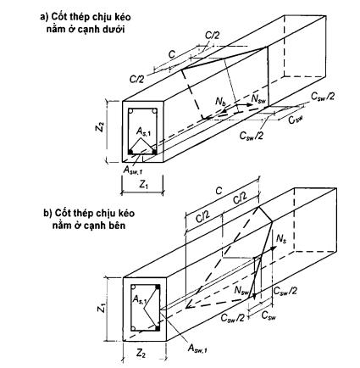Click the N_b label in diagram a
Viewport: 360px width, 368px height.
(x=220, y=102)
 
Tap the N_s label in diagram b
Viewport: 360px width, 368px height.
(x=280, y=239)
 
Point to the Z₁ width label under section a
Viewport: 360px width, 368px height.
(x=143, y=185)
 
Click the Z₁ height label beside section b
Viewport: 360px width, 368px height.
(x=102, y=309)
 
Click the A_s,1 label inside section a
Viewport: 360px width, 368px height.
(x=143, y=131)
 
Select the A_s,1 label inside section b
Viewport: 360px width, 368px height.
(x=139, y=299)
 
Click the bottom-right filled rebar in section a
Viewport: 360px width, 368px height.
(x=154, y=152)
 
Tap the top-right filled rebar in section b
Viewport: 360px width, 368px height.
(x=158, y=287)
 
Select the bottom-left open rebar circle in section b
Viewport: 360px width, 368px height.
(x=135, y=329)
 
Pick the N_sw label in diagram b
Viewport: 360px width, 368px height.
(x=241, y=290)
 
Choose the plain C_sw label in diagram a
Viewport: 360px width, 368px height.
(x=296, y=120)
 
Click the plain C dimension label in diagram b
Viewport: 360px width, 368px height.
(x=219, y=192)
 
